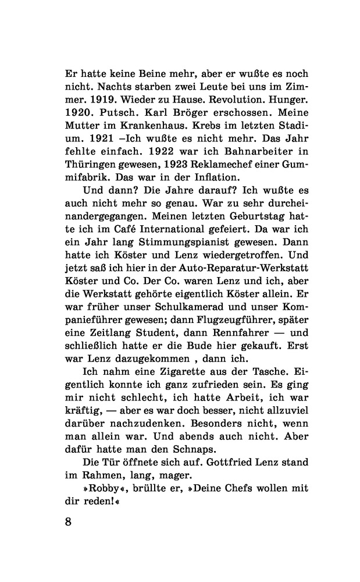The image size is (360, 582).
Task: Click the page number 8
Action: [x=68, y=521]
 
